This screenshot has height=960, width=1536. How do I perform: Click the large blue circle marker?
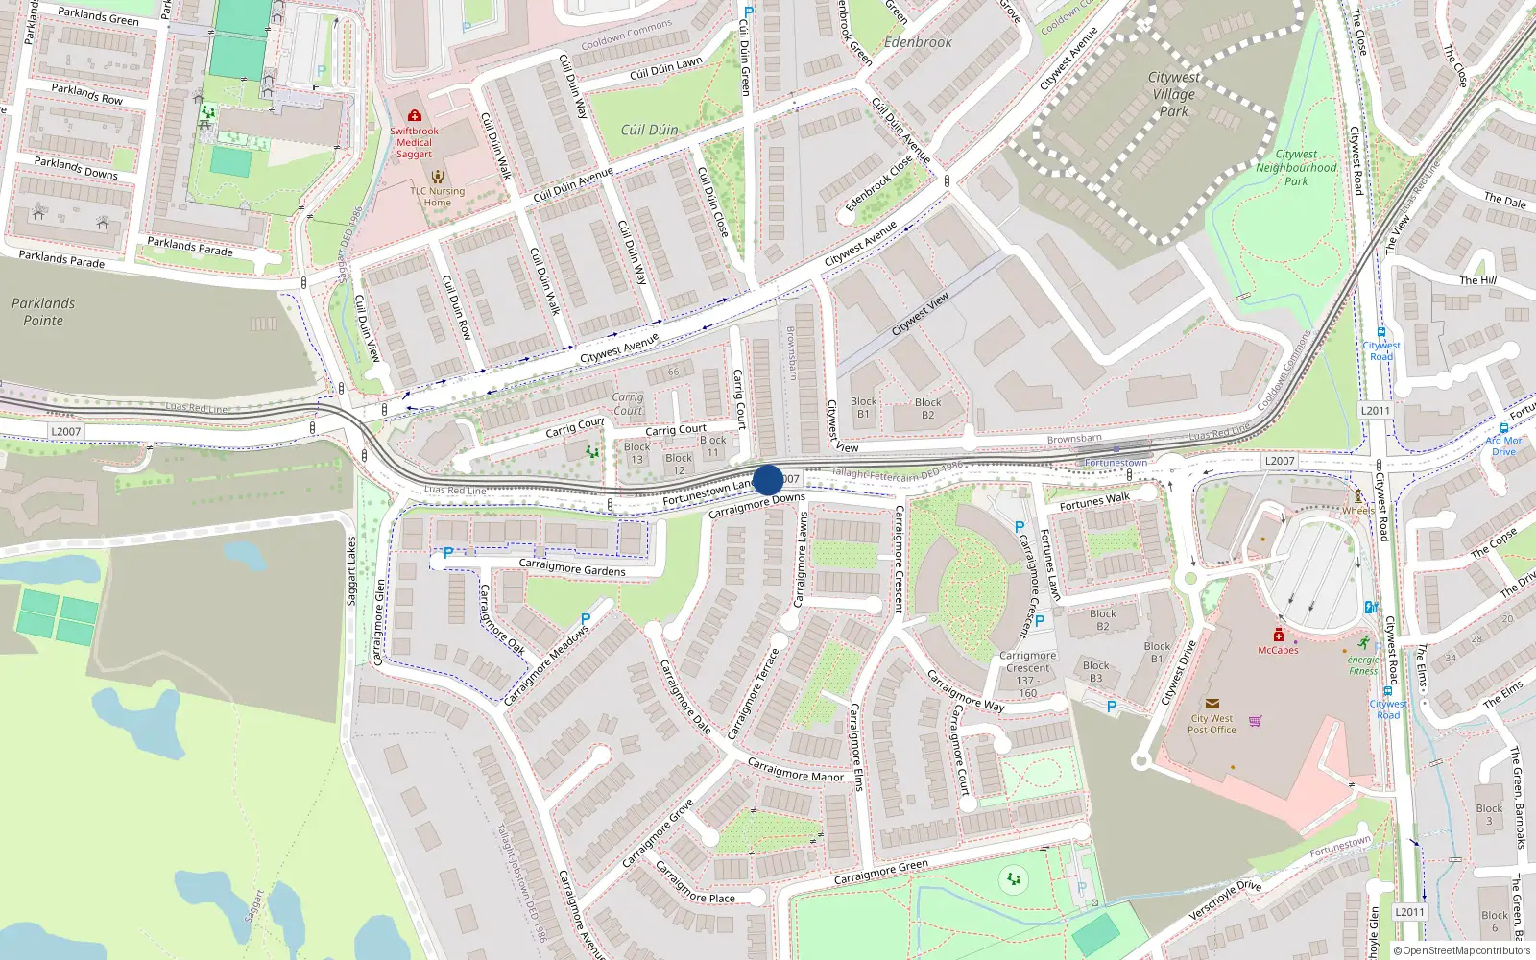[x=768, y=479]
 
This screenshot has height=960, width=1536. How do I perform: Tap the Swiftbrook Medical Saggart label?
[x=415, y=142]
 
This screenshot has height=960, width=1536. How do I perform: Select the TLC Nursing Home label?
[x=437, y=196]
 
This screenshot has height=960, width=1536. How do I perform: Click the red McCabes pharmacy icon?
[x=1279, y=635]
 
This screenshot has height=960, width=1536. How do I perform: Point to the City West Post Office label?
[x=1212, y=724]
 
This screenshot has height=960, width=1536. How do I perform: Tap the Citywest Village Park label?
[x=1173, y=94]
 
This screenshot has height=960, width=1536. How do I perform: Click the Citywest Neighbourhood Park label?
[x=1296, y=167]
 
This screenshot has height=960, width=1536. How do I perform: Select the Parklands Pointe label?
[x=43, y=312]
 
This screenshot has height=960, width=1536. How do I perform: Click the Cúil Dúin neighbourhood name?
[x=649, y=131]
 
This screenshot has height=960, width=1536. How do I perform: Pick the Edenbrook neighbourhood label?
[x=918, y=42]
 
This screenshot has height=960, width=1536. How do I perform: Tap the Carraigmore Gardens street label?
[x=572, y=567]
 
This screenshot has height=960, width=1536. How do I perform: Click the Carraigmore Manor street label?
[x=795, y=770]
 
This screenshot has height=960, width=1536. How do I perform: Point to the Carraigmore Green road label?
[x=880, y=872]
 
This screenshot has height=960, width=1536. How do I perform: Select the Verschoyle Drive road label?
[x=1225, y=900]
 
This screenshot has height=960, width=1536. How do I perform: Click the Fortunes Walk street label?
[x=1094, y=501]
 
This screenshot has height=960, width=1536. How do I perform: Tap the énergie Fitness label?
[x=1363, y=664]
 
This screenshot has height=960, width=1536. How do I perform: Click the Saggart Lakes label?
[x=351, y=570]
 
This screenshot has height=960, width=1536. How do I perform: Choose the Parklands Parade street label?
[x=61, y=258]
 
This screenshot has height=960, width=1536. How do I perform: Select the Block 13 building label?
[x=636, y=453]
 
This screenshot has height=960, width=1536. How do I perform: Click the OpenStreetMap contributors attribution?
[x=1462, y=950]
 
